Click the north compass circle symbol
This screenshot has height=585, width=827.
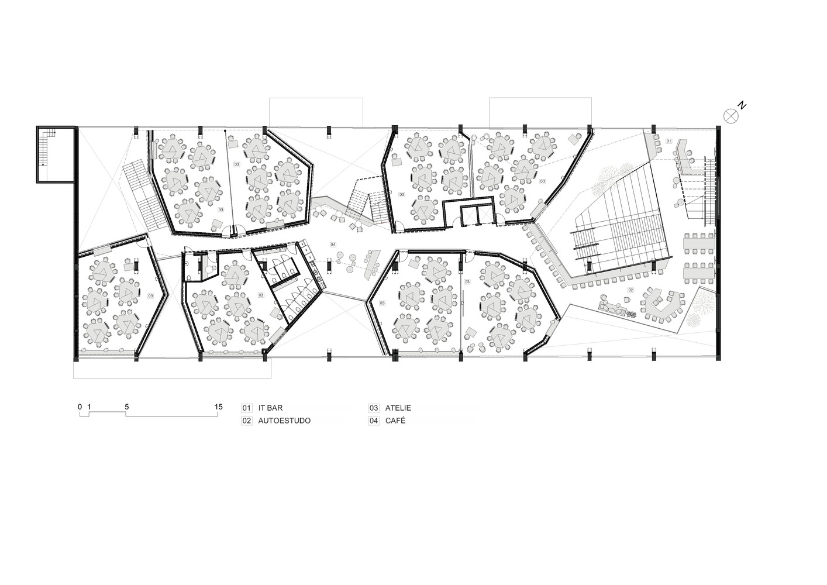click(730, 116)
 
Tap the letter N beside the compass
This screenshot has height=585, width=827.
click(742, 105)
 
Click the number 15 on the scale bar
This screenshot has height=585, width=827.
click(218, 407)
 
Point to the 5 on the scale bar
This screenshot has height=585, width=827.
click(126, 407)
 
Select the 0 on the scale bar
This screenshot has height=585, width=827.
click(80, 407)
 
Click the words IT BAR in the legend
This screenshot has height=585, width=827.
click(270, 408)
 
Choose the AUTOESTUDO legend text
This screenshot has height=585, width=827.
click(284, 421)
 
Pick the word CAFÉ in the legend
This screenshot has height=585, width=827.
click(395, 421)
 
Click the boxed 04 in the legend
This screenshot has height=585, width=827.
click(374, 421)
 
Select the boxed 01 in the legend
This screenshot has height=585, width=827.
click(247, 408)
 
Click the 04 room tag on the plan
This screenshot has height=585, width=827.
click(333, 244)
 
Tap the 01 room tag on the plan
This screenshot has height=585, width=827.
click(669, 140)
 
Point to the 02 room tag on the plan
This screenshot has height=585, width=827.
click(630, 290)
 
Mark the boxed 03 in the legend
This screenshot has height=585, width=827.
click(374, 408)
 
